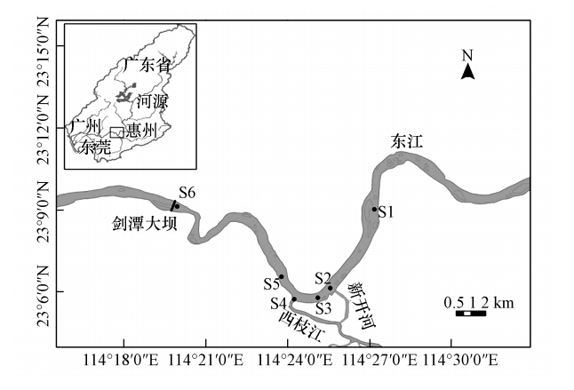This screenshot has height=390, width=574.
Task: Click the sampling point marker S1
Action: (x=374, y=209)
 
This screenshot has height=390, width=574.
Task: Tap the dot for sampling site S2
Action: (x=330, y=288)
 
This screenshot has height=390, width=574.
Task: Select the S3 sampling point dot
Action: (x=317, y=298)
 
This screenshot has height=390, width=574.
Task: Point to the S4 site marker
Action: (x=294, y=299)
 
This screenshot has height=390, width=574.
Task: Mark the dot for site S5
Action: (x=281, y=277)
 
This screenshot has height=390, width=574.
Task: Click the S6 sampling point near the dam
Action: (x=177, y=206)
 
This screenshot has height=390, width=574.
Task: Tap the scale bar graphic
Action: (x=470, y=314)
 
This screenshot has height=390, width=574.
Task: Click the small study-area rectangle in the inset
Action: (x=116, y=132)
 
